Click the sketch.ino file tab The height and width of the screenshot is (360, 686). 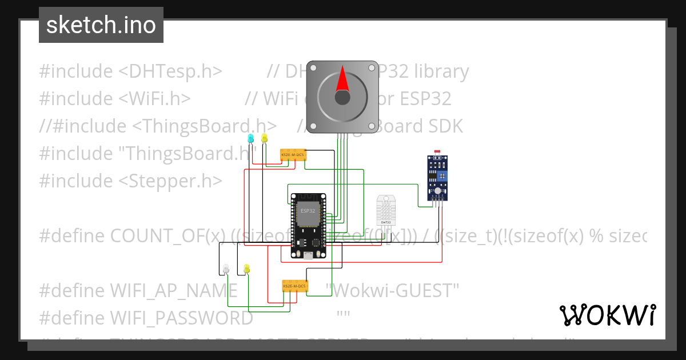pos(101,25)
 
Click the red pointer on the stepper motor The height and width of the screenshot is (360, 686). pos(342,79)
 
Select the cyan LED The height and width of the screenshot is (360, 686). pos(250,138)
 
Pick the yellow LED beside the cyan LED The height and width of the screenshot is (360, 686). pos(264,138)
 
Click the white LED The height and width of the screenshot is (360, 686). pos(226,268)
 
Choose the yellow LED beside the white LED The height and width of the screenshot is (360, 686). pos(246,268)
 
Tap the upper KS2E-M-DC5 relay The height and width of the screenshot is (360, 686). pos(293,155)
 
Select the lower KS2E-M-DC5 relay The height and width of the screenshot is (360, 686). pos(295,285)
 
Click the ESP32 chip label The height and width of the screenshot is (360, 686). pos(308,211)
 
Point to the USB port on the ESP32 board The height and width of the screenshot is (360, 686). pos(309,256)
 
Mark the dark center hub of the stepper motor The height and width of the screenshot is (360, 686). pos(342,98)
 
